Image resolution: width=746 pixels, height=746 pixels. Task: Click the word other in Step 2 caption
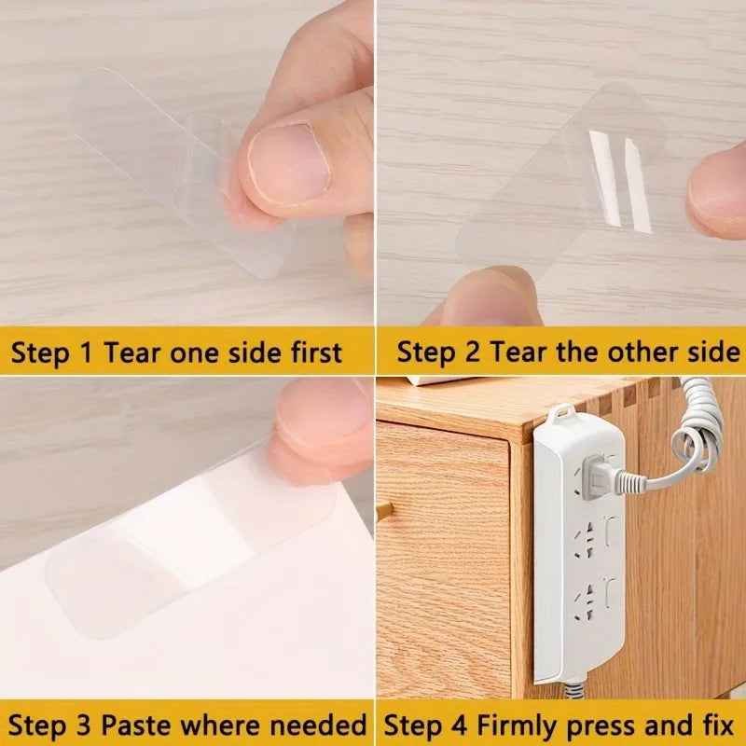point(643,352)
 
